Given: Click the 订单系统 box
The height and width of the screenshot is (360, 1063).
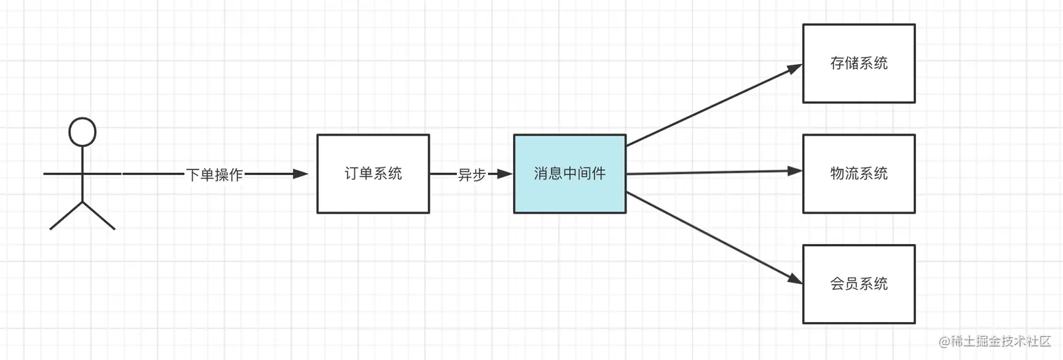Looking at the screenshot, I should [373, 174].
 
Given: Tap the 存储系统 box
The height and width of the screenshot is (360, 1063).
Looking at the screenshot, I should [858, 63].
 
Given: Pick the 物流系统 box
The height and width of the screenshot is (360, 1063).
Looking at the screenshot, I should [858, 174].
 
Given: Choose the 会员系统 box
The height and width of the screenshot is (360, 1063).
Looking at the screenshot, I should [858, 284].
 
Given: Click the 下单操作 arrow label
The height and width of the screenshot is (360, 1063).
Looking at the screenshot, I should [214, 174].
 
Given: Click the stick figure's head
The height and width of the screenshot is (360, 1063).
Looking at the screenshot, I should [82, 131].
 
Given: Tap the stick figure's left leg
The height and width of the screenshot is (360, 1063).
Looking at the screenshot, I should [65, 216].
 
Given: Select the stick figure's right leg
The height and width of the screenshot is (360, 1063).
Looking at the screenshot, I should [99, 216].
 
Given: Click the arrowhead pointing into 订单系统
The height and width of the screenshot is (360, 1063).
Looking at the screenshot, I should [301, 174].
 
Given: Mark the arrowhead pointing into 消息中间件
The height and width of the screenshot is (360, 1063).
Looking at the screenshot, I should [505, 174].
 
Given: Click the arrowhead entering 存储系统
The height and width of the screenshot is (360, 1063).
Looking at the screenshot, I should [794, 69].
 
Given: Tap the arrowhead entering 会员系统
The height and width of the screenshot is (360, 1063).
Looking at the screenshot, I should [794, 279].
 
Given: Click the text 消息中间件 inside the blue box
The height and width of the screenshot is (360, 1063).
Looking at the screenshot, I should [569, 174].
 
